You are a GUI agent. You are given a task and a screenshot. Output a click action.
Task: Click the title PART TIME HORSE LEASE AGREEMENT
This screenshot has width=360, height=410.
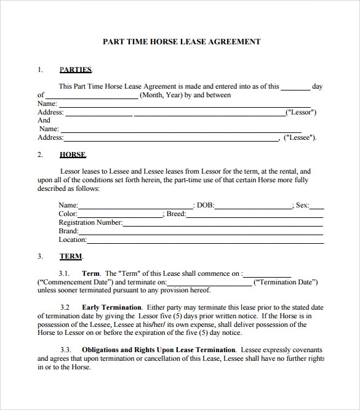tap(180, 42)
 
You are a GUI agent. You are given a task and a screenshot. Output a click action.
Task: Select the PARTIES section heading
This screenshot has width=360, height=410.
tap(76, 70)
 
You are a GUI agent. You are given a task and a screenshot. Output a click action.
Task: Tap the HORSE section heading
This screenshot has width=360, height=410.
tap(72, 155)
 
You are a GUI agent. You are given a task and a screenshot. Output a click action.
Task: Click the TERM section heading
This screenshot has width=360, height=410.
tap(71, 255)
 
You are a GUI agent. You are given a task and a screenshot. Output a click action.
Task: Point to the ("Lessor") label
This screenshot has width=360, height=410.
tap(301, 113)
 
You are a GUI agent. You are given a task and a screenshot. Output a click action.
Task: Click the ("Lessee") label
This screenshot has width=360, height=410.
tap(300, 138)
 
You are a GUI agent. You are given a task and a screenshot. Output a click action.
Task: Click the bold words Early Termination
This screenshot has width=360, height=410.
tap(111, 307)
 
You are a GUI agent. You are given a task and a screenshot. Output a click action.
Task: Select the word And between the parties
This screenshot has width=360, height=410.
tap(44, 121)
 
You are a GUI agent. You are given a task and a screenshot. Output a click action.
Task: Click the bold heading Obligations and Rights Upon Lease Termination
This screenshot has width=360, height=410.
tap(158, 350)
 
